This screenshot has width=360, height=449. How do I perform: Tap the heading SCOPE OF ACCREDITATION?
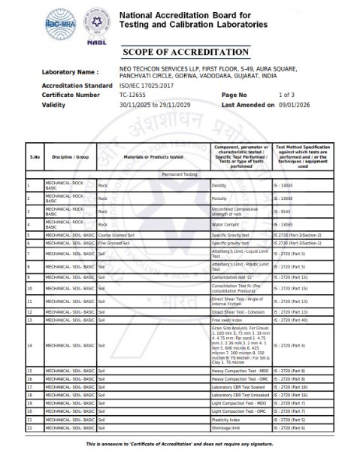[x=180, y=52]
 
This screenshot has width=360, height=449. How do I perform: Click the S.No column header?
[x=35, y=156]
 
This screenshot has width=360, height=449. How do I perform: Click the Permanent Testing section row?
[x=180, y=174]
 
